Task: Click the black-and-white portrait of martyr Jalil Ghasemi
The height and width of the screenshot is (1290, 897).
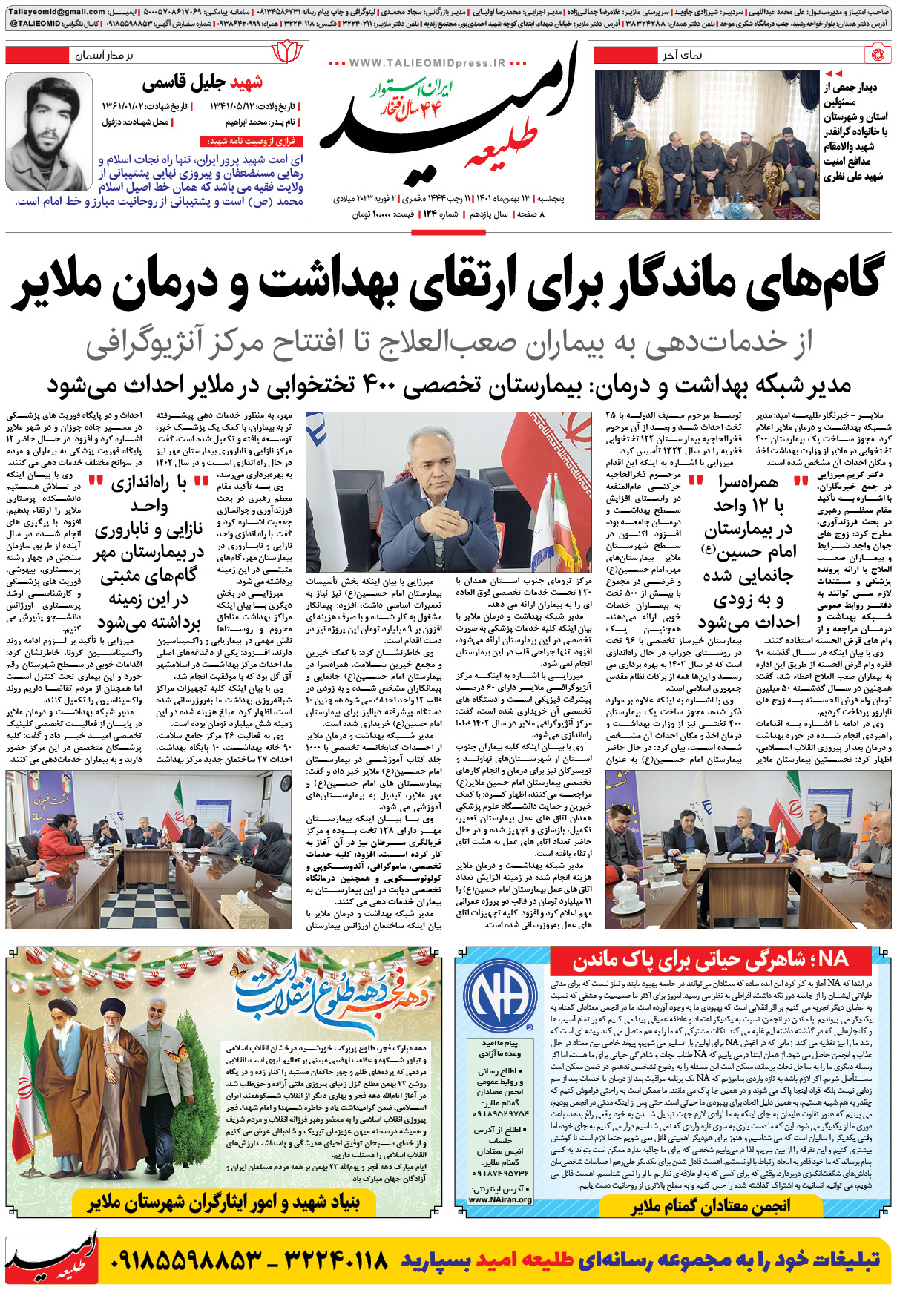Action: click(51, 134)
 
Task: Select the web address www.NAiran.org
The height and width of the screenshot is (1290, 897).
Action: click(500, 1199)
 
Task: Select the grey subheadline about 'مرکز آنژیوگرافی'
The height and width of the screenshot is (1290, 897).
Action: click(448, 342)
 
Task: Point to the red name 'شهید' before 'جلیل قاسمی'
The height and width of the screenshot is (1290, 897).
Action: click(246, 82)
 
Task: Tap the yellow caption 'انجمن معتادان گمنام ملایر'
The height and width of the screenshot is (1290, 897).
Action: click(710, 1207)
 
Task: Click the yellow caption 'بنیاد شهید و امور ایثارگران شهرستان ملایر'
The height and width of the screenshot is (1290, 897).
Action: click(223, 1202)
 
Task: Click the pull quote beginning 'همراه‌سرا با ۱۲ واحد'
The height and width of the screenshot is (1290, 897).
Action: click(748, 552)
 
